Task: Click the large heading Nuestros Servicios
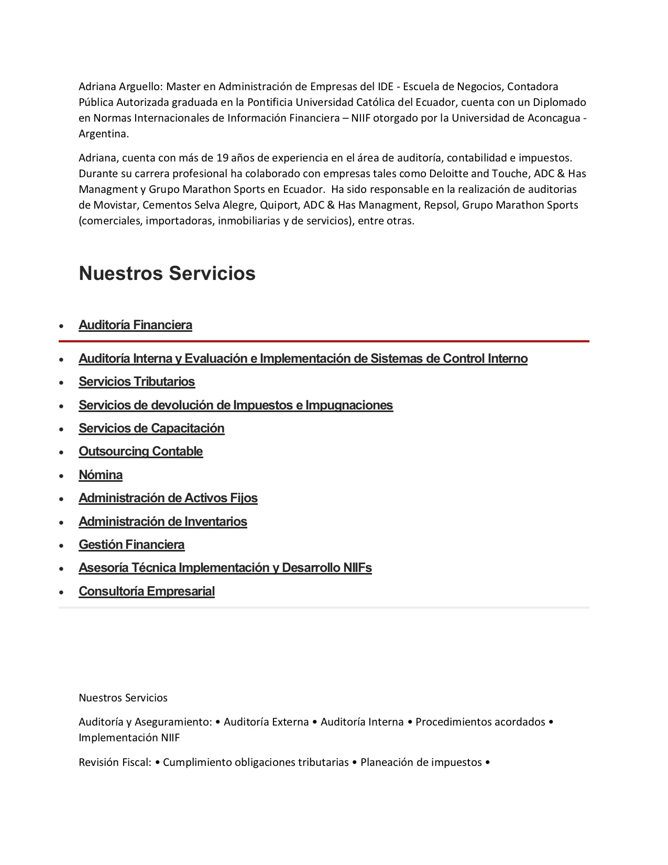pos(167,273)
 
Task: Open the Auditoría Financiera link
pos(135,325)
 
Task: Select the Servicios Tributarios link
pos(137,382)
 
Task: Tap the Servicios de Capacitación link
pos(151,428)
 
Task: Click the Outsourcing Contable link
pos(140,451)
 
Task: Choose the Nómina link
pos(101,475)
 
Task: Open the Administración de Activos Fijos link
pos(168,498)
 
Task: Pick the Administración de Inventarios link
pos(163,522)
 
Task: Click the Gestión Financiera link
pos(132,545)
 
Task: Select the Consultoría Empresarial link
pos(147,591)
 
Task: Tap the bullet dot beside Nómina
pos(62,476)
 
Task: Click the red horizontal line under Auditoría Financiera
pos(324,341)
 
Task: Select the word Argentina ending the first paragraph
pos(103,134)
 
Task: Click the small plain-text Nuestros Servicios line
pos(123,698)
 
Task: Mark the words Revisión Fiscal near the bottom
pos(114,762)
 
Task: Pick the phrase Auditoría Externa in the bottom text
pos(266,722)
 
